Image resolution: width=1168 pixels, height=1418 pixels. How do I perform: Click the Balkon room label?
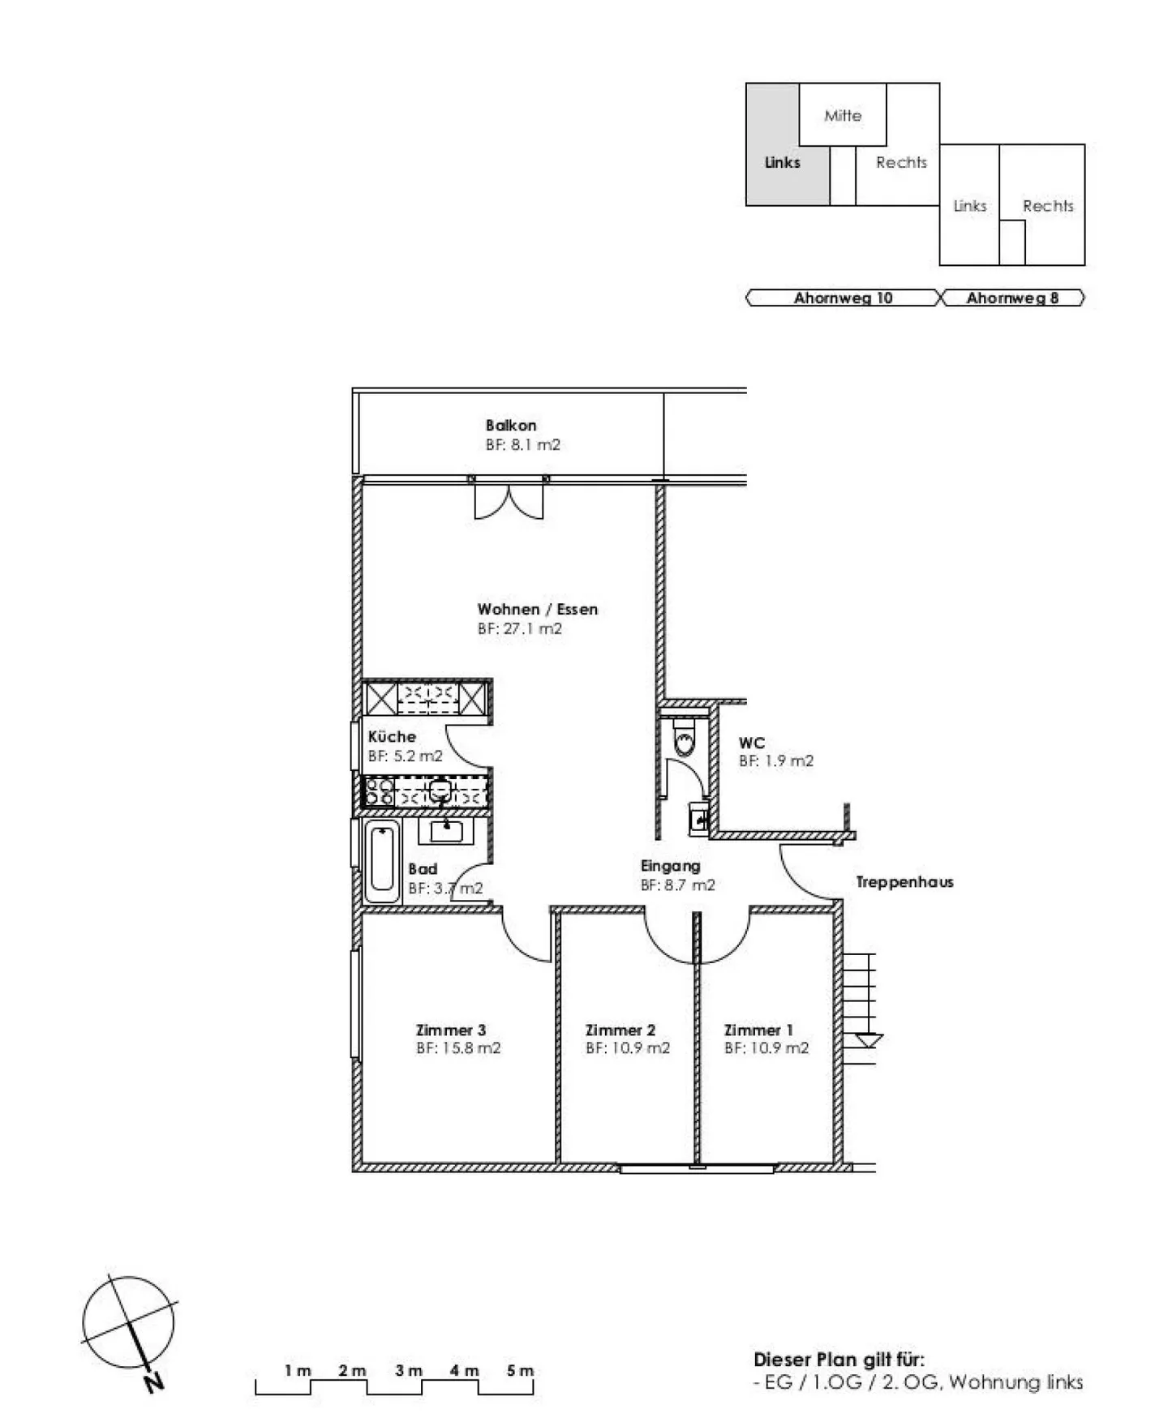(511, 425)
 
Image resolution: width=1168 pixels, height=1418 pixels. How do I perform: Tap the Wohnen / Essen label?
(537, 609)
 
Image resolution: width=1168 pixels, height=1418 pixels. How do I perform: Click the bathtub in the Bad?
(382, 863)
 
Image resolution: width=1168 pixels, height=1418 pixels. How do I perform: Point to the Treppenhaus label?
(904, 882)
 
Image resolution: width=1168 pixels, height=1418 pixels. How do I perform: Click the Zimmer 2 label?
(620, 1030)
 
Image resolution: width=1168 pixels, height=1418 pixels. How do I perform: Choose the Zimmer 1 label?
(758, 1030)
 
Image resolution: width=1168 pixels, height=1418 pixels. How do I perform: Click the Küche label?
(392, 737)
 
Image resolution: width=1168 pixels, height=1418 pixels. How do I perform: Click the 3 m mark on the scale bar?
(409, 1370)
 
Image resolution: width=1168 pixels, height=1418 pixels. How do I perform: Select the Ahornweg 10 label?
(843, 298)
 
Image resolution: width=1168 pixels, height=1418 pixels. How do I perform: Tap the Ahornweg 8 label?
(1012, 298)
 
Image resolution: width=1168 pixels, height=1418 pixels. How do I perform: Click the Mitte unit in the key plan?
(843, 114)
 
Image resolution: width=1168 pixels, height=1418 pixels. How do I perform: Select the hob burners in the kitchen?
(379, 791)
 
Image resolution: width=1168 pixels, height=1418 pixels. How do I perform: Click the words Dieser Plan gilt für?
(839, 1360)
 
